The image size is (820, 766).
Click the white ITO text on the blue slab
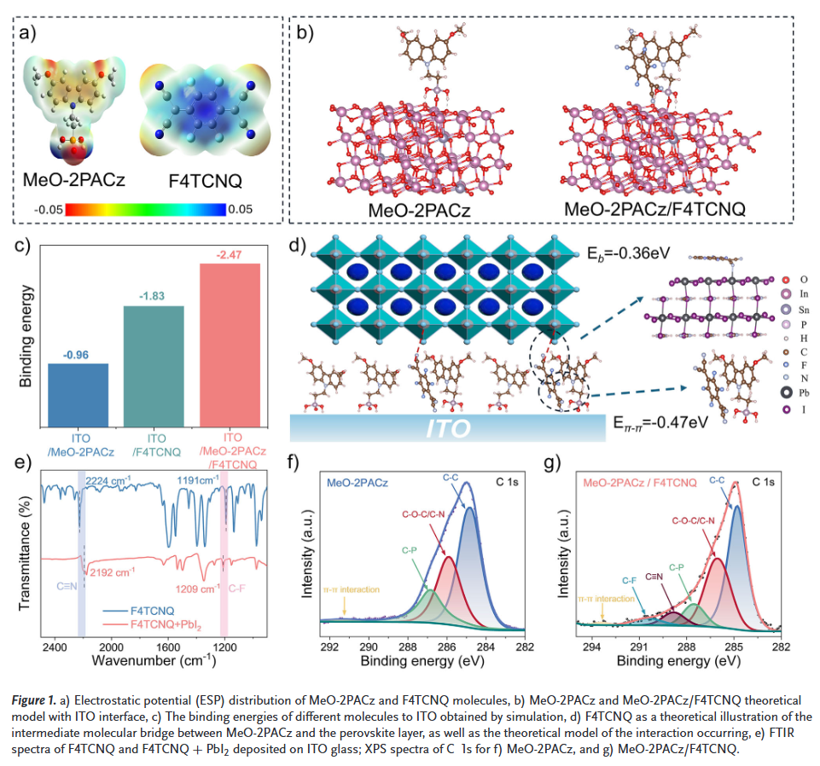[x=449, y=427]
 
